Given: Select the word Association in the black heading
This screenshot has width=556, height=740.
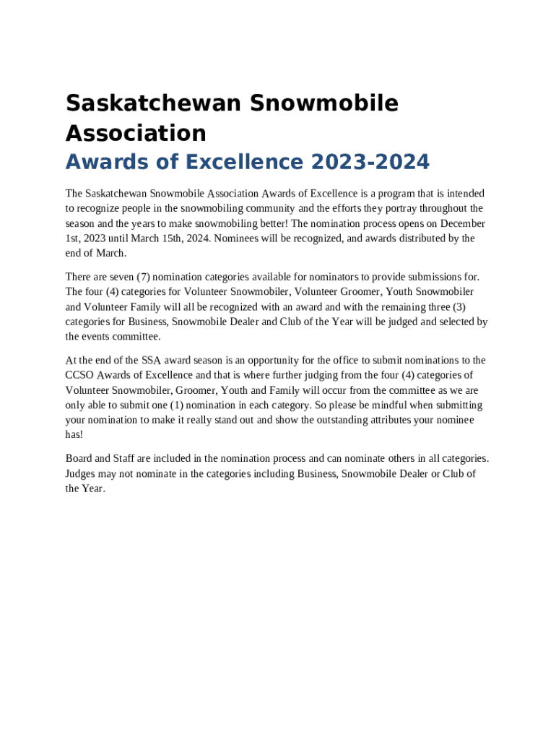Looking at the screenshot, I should pyautogui.click(x=136, y=133).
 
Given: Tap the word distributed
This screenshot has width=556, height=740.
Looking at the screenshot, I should pyautogui.click(x=412, y=238).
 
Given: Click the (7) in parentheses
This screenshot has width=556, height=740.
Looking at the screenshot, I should pyautogui.click(x=142, y=277).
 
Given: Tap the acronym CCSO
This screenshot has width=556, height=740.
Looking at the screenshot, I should pyautogui.click(x=79, y=375).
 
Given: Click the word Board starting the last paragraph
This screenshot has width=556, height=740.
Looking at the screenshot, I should pyautogui.click(x=79, y=458).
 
